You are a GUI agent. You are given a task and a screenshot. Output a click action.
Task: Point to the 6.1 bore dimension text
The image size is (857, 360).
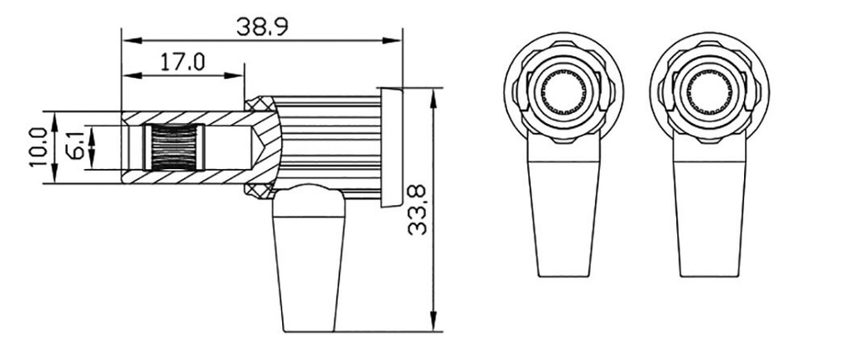74,147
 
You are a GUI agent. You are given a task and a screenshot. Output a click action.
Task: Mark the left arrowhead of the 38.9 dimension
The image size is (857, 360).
128,39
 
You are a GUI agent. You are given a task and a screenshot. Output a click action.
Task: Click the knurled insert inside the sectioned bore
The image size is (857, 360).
173,147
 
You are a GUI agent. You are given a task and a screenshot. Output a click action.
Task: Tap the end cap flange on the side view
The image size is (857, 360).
390,147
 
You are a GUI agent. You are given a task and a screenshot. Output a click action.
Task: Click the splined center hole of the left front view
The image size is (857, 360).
565,91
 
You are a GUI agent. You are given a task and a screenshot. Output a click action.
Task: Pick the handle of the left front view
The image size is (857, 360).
567,218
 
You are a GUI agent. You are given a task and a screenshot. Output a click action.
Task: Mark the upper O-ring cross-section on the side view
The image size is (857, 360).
259,102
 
